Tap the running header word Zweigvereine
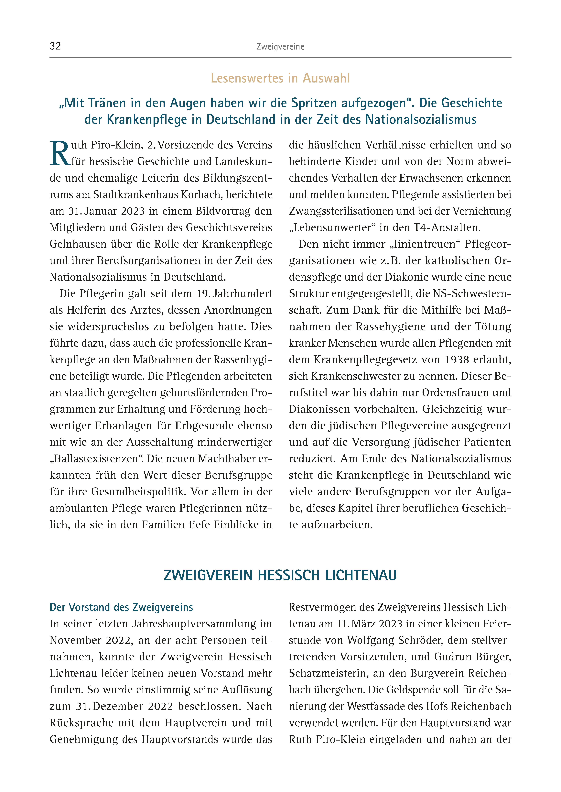280,47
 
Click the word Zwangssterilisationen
342,211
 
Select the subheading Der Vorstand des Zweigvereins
121,607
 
